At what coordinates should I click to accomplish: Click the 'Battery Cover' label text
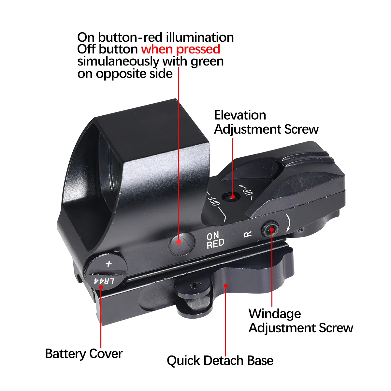pyautogui.click(x=84, y=354)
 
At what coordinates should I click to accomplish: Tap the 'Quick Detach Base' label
pyautogui.click(x=220, y=361)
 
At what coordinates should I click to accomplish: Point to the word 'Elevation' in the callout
pyautogui.click(x=240, y=115)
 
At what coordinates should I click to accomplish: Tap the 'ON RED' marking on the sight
pyautogui.click(x=215, y=240)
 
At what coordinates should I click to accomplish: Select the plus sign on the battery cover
pyautogui.click(x=109, y=264)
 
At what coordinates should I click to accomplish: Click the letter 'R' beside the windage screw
pyautogui.click(x=248, y=234)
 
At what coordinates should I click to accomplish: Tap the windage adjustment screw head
pyautogui.click(x=270, y=229)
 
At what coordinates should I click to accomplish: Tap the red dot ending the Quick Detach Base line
pyautogui.click(x=225, y=285)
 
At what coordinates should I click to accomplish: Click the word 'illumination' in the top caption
pyautogui.click(x=200, y=37)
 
